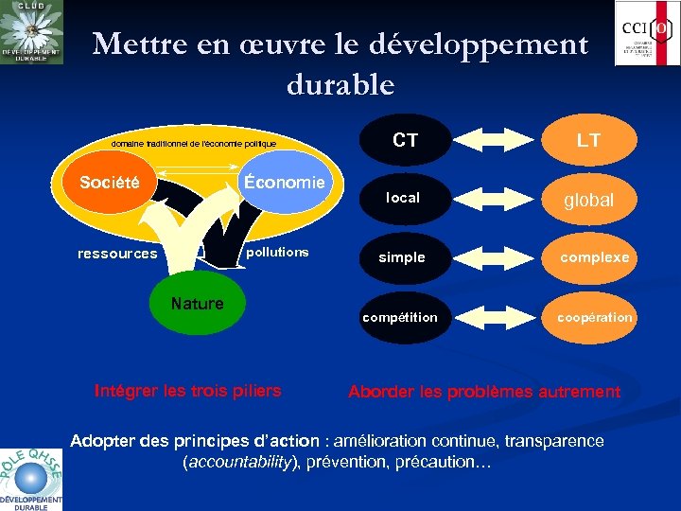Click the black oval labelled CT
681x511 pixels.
pos(404,140)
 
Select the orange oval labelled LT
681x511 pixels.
pos(588,140)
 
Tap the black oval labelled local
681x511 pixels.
pos(402,198)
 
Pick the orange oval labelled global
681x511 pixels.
pos(588,200)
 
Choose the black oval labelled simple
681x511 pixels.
pos(402,257)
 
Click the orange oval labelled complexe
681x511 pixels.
pos(593,257)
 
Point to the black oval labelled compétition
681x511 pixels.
pos(400,317)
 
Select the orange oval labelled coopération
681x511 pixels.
pos(593,317)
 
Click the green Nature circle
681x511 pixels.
pos(197,304)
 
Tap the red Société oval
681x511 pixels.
pos(110,182)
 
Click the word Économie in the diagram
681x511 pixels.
pos(284,182)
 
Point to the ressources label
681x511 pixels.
pos(117,254)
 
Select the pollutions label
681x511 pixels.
pos(277,252)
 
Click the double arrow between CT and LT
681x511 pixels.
pos(496,140)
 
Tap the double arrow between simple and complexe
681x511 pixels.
pos(496,257)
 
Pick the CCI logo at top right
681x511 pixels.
pos(647,33)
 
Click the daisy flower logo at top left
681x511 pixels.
pos(32,32)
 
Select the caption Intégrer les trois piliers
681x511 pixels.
pos(188,390)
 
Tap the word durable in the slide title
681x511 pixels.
pos(340,84)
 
